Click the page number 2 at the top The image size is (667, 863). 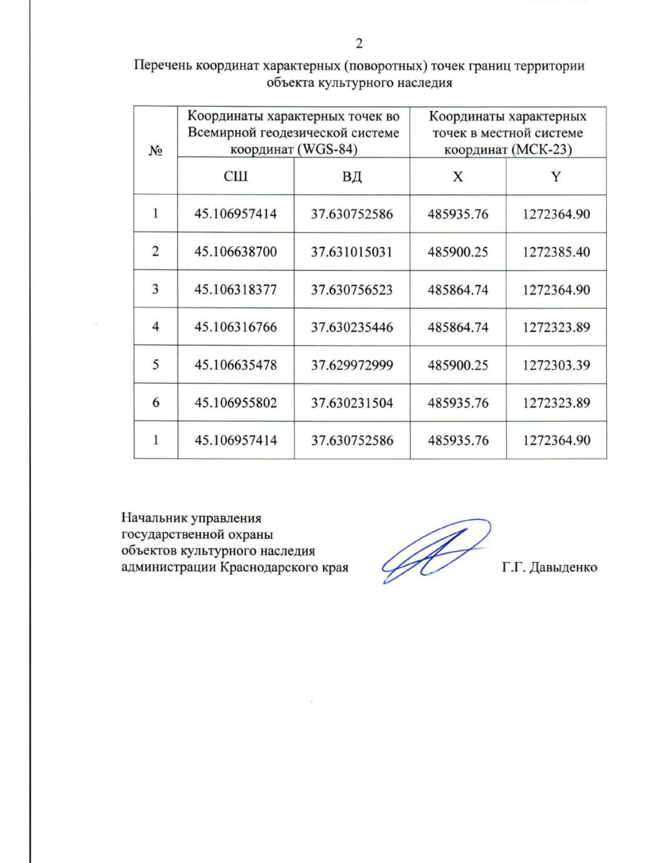pyautogui.click(x=359, y=44)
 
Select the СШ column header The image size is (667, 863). pyautogui.click(x=235, y=177)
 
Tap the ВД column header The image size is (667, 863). pyautogui.click(x=352, y=177)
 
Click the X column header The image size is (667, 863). pyautogui.click(x=457, y=177)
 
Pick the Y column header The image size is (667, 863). pyautogui.click(x=556, y=177)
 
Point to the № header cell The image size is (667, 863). pyautogui.click(x=156, y=151)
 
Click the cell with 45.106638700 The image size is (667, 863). pyautogui.click(x=235, y=252)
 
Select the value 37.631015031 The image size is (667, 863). pyautogui.click(x=352, y=252)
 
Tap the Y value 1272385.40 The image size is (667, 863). pyautogui.click(x=556, y=252)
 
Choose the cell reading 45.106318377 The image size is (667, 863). pyautogui.click(x=235, y=290)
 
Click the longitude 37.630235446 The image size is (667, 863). pyautogui.click(x=352, y=327)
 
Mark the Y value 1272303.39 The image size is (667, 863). pyautogui.click(x=556, y=365)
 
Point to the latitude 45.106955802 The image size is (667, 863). pyautogui.click(x=235, y=403)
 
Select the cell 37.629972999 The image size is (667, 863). pyautogui.click(x=352, y=365)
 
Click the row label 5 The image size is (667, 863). pyautogui.click(x=156, y=365)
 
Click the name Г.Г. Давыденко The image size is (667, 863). pyautogui.click(x=549, y=567)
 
